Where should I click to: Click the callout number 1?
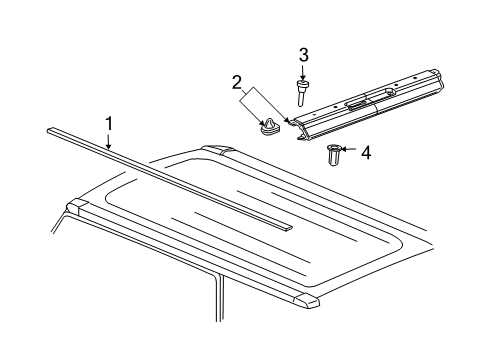(x=108, y=125)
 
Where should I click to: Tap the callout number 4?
(x=365, y=153)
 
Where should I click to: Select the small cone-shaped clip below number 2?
(x=268, y=127)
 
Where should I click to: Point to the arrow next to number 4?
(x=349, y=153)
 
